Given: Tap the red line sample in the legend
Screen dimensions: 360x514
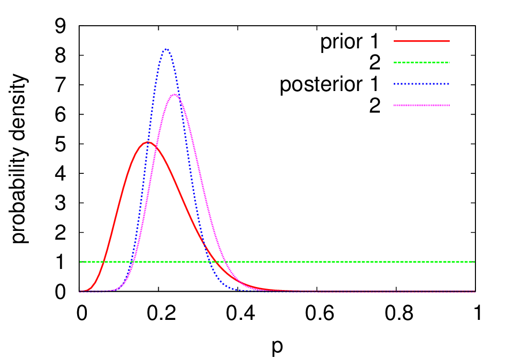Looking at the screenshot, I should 421,41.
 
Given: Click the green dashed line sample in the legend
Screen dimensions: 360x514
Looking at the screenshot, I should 421,62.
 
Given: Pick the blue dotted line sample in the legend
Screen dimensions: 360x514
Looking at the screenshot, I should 421,84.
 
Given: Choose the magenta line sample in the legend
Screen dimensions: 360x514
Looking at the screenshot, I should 421,105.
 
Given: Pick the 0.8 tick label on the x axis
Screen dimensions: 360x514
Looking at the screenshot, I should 396,313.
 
